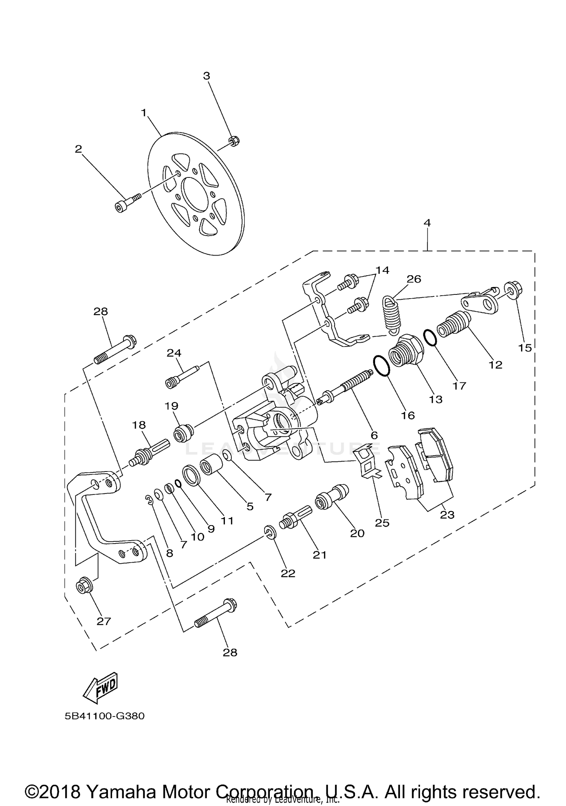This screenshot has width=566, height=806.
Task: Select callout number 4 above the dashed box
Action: (x=427, y=223)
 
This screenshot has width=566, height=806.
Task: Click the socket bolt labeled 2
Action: (x=127, y=202)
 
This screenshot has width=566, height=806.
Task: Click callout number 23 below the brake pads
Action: (x=447, y=515)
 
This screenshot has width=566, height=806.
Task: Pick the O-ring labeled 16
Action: (x=381, y=365)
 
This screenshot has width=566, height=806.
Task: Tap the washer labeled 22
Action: (x=270, y=532)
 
